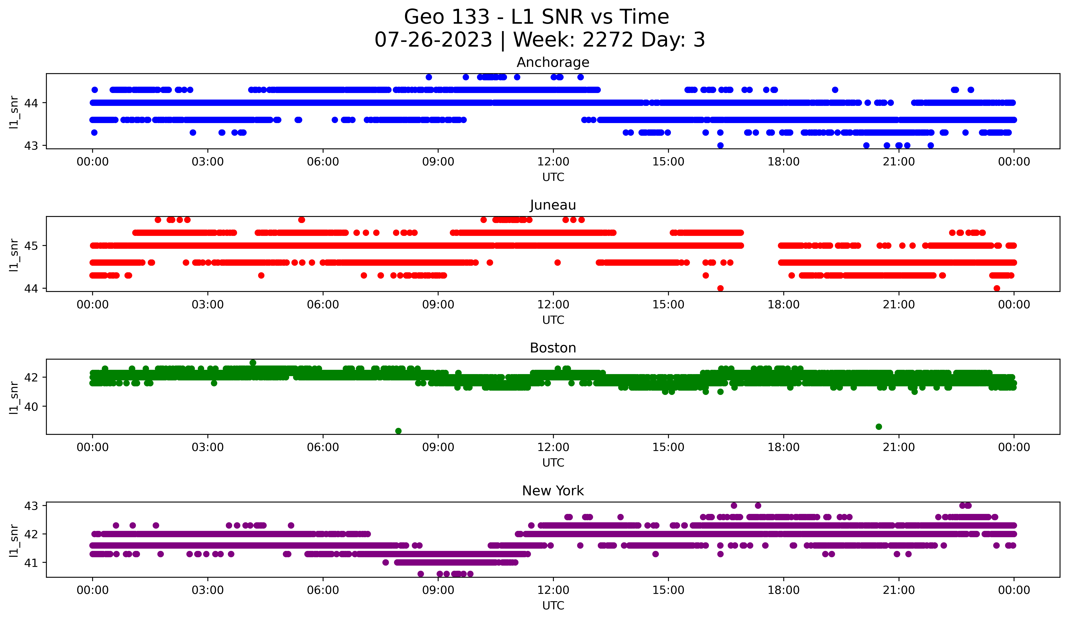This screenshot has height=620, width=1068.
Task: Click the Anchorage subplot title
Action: (x=553, y=62)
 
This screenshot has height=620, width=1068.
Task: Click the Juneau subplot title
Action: (x=553, y=205)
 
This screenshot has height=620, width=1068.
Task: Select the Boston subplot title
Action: (x=553, y=348)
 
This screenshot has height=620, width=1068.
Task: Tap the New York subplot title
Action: (x=553, y=491)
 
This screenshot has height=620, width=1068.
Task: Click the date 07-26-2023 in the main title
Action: (x=433, y=40)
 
